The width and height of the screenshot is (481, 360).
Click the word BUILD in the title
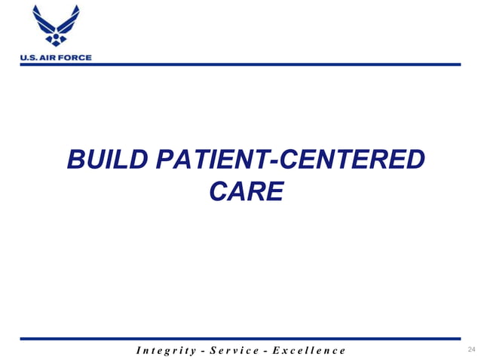[x=106, y=160]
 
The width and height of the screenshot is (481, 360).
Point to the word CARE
[x=245, y=192]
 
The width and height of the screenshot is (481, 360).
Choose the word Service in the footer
[x=237, y=350]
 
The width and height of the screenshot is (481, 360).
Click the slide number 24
[x=472, y=349]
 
